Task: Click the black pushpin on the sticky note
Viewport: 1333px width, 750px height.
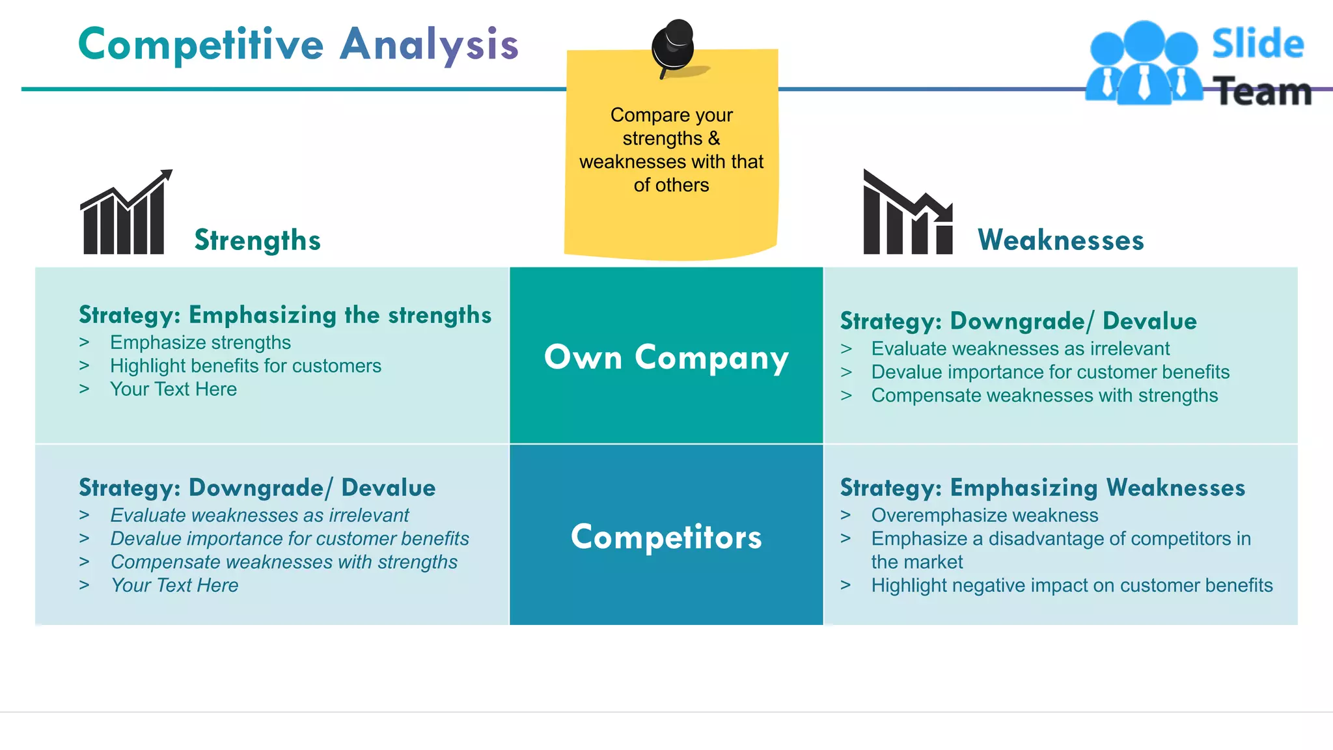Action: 674,46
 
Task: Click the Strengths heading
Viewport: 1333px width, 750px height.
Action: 258,240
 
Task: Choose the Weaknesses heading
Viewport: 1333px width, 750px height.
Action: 1060,240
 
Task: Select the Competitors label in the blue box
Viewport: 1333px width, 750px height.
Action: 666,536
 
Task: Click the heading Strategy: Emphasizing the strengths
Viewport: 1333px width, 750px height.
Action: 284,315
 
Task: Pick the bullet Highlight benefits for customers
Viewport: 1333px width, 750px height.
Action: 245,366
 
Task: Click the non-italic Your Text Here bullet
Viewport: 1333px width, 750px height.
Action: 173,389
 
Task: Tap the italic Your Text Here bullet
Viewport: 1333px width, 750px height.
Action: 174,585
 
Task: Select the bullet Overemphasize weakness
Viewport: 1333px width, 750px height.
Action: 984,515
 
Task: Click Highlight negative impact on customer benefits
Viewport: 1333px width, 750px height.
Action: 1071,585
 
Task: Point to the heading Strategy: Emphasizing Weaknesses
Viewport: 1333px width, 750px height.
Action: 1042,488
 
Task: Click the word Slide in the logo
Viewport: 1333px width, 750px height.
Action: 1257,44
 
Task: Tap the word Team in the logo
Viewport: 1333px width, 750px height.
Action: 1263,92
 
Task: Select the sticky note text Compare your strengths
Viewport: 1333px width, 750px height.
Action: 671,127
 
